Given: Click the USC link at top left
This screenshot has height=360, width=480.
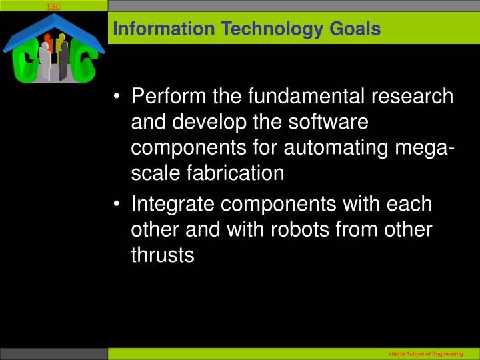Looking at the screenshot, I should point(54,7).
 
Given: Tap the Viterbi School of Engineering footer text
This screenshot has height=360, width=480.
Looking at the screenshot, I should point(424,353).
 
